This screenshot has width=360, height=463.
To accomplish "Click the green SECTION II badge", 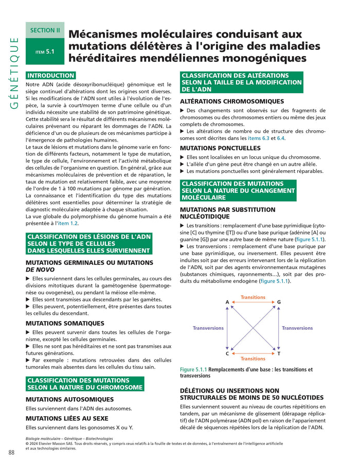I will [x=45, y=30].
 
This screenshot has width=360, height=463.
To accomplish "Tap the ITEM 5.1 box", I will [x=45, y=51].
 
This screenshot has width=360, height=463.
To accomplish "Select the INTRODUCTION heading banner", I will [x=51, y=75].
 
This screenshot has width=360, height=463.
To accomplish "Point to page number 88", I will [x=11, y=452].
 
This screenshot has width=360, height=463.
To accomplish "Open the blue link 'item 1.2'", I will [x=67, y=223].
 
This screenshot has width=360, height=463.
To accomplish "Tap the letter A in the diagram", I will [x=227, y=302].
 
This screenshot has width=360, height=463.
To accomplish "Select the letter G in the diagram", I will [x=279, y=302].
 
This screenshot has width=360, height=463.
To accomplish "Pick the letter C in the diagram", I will [x=227, y=354].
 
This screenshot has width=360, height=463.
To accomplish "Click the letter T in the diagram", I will [x=279, y=354].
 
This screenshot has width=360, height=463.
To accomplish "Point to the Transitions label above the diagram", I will [x=253, y=297].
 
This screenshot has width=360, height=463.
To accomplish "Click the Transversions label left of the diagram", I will [x=208, y=328].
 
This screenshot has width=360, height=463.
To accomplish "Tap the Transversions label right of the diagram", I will [x=297, y=328].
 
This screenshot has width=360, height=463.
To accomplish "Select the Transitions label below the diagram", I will [x=253, y=359].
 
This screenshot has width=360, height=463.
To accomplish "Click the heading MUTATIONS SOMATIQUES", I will [x=65, y=323].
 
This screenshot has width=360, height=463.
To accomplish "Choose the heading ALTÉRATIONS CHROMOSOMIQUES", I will [x=232, y=101].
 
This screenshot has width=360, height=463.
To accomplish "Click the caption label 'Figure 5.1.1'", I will [x=193, y=369].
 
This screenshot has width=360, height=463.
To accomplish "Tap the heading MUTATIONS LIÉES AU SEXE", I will [x=67, y=418].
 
